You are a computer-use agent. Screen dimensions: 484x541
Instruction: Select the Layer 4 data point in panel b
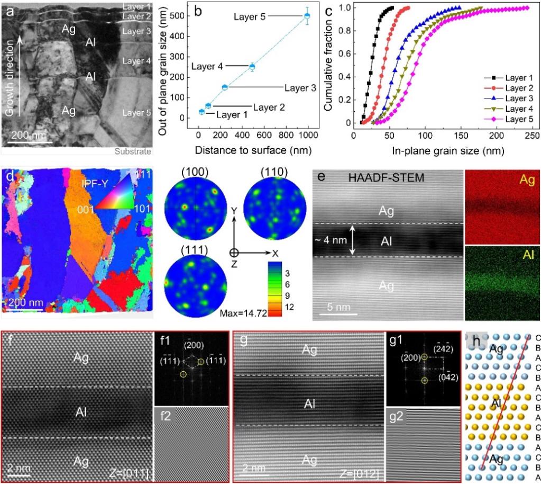[252, 67]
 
